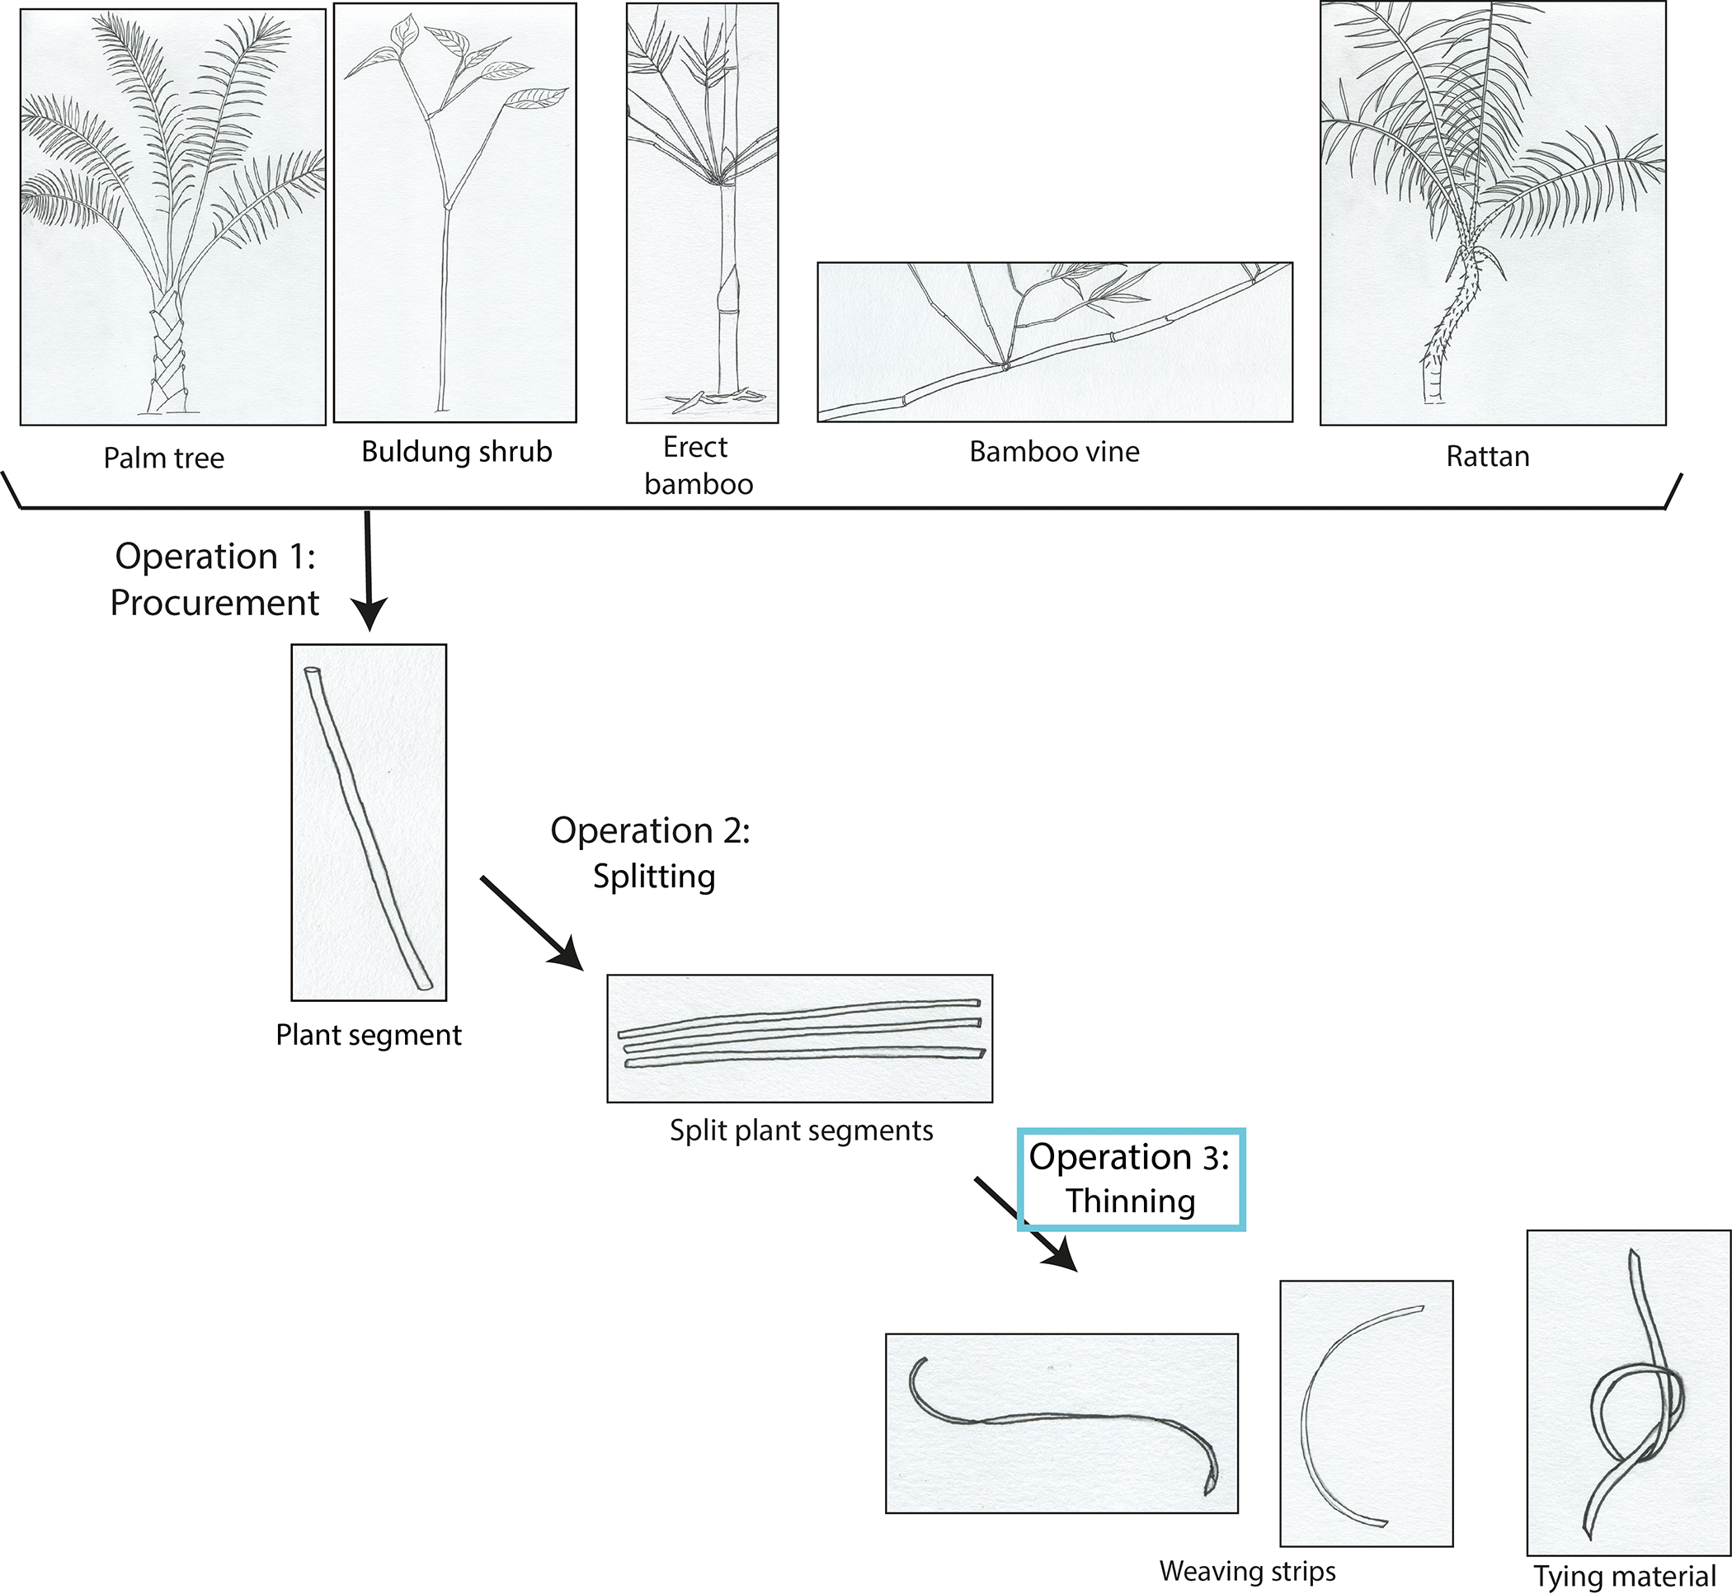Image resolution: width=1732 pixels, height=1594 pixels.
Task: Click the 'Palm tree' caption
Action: (164, 458)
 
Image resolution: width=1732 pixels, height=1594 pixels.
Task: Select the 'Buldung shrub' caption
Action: (456, 452)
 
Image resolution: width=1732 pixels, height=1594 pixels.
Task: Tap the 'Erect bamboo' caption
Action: (699, 466)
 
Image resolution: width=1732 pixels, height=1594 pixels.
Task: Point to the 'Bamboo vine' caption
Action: (1054, 452)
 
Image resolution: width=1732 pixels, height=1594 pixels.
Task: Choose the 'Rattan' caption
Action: (1488, 456)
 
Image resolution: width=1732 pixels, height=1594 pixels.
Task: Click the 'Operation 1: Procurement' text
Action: (214, 580)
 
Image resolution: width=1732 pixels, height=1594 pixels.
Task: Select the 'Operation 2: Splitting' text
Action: (652, 853)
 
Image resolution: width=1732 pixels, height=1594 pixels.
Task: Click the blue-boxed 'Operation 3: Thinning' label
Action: (1131, 1179)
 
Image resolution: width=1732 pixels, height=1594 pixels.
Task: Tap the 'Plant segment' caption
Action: (369, 1035)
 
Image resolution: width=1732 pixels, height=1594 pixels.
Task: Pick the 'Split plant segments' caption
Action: (802, 1131)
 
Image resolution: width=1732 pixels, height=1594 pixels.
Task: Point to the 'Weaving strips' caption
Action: (1247, 1572)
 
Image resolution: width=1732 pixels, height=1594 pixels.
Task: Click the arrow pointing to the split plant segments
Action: (531, 924)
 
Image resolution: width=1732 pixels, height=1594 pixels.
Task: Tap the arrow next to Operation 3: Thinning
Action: (1027, 1225)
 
